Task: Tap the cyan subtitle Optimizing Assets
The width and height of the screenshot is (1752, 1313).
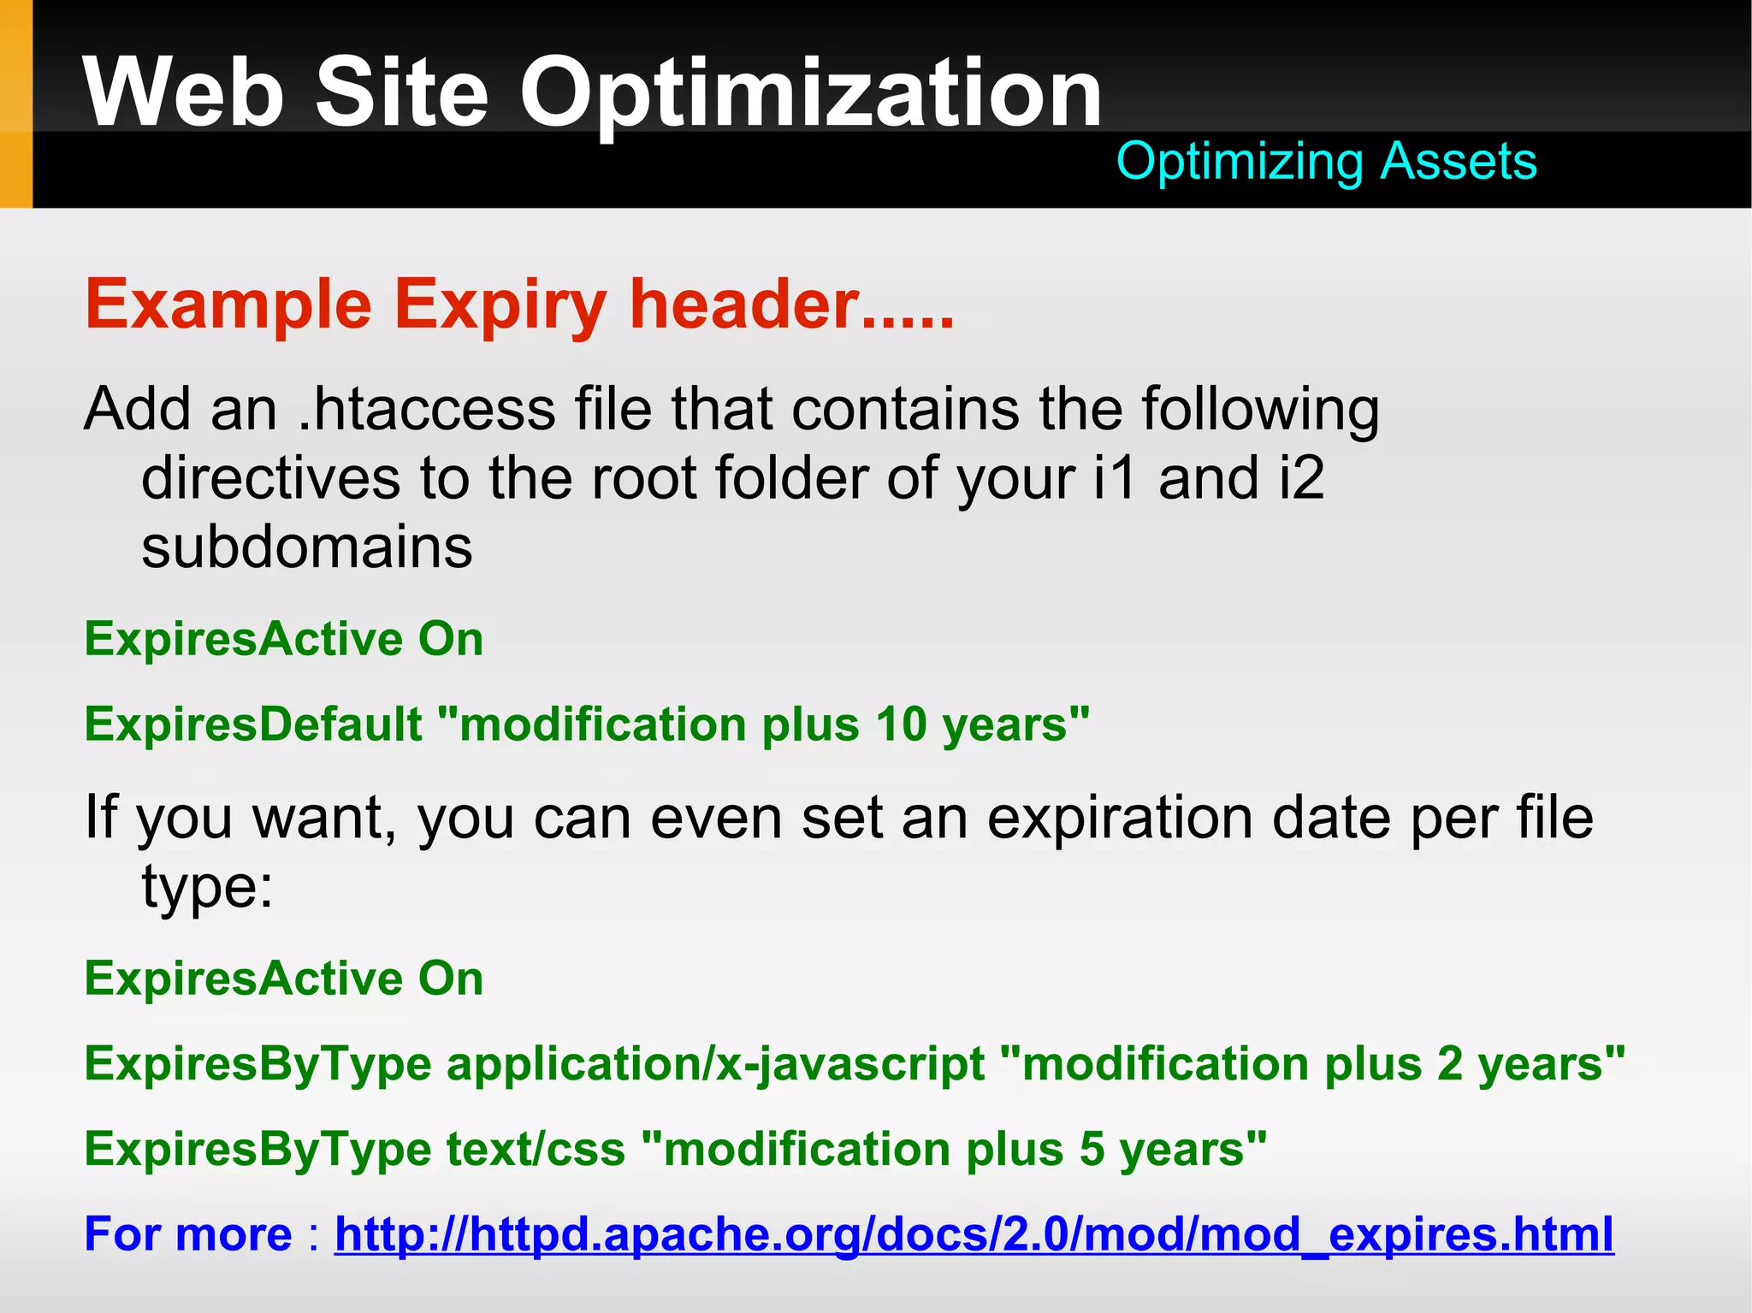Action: coord(1326,161)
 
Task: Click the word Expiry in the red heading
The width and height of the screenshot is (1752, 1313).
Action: coord(500,305)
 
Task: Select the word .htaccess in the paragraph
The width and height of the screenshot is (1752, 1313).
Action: coord(427,409)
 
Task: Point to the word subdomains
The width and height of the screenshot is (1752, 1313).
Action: coord(306,547)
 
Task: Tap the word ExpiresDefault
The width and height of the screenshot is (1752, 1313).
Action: coord(253,725)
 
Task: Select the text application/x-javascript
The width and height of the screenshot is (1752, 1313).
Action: coord(715,1064)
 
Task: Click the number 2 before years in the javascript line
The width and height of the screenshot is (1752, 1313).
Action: coord(1449,1064)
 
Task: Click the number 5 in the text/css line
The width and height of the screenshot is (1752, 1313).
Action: coord(1092,1149)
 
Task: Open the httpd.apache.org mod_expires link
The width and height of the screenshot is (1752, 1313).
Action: coord(974,1234)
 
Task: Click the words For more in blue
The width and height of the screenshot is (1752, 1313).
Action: coord(188,1234)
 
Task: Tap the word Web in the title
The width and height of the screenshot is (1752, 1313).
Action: coord(183,92)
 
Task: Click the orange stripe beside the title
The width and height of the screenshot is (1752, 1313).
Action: coord(15,103)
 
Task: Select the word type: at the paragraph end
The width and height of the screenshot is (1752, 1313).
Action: coord(207,886)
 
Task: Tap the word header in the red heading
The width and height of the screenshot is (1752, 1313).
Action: coord(744,305)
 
